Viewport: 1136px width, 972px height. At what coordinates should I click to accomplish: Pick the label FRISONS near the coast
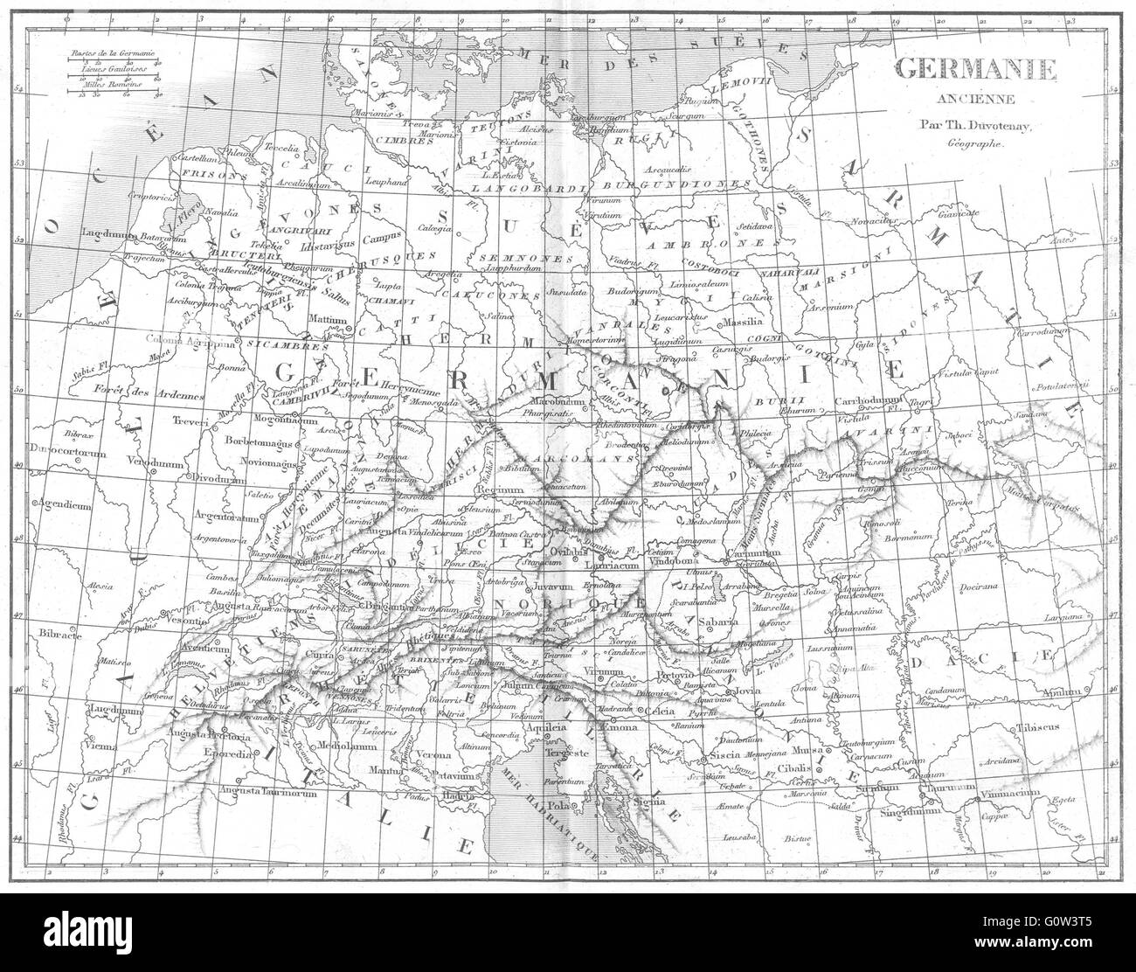coord(187,175)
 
